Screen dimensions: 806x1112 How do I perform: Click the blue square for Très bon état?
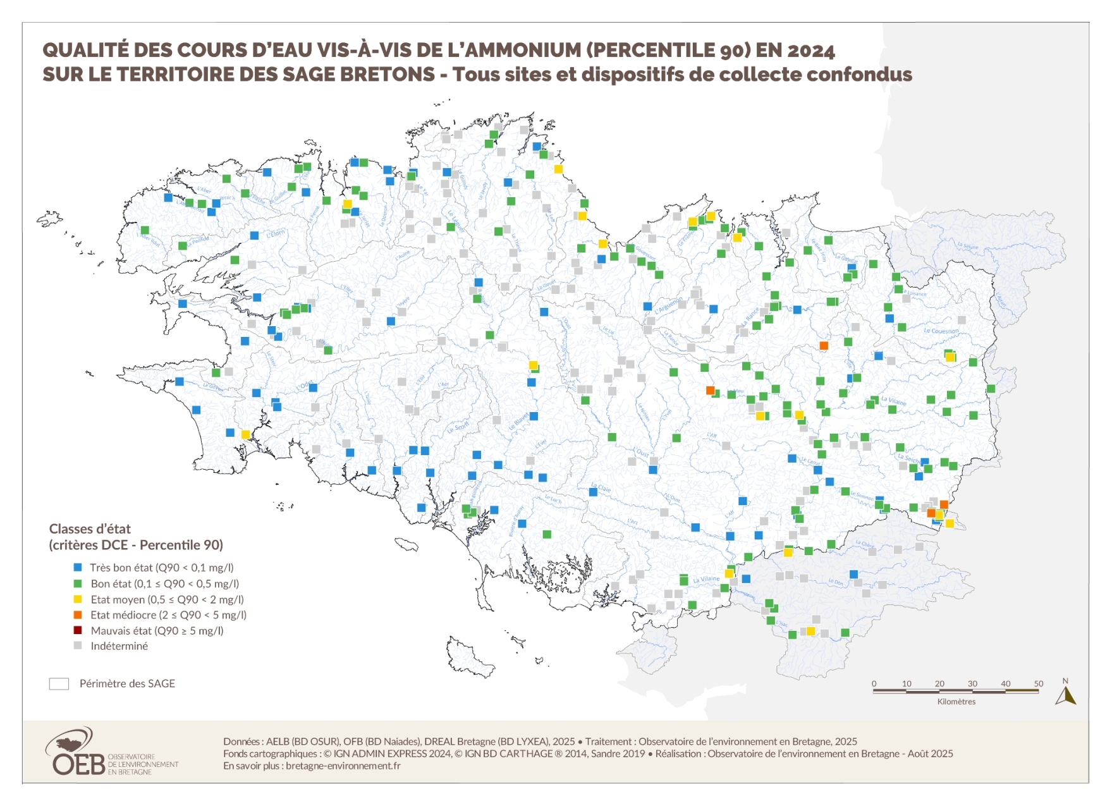78,568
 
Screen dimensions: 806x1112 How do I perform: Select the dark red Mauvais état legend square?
78,630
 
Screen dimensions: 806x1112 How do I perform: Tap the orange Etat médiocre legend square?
78,614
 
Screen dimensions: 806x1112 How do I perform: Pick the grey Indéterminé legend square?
78,645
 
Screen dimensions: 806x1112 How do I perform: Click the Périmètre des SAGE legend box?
59,684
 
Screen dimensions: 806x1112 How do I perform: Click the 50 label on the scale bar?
1039,683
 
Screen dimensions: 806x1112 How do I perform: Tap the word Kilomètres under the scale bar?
956,702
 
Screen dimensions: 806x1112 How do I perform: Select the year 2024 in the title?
811,51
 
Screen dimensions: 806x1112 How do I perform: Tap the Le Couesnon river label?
941,331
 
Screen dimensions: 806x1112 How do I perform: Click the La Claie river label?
601,488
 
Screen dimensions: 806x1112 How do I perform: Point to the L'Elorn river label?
276,233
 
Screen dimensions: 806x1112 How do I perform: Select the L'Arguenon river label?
668,306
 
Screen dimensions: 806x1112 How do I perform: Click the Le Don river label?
835,581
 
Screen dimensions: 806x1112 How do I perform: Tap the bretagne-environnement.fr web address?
343,766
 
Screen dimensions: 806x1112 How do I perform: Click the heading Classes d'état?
90,529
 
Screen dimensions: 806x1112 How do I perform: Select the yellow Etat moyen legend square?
78,599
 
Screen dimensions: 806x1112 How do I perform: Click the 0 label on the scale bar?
874,683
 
